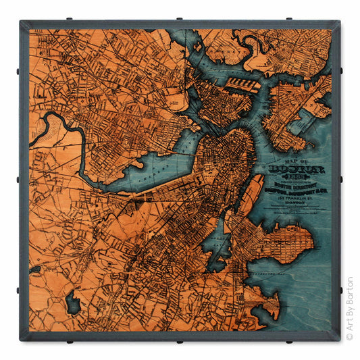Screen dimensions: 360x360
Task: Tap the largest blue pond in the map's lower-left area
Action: [73, 302]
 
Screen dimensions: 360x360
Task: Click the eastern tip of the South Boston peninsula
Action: [311, 240]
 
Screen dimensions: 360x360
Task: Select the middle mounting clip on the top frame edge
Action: [180, 19]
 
